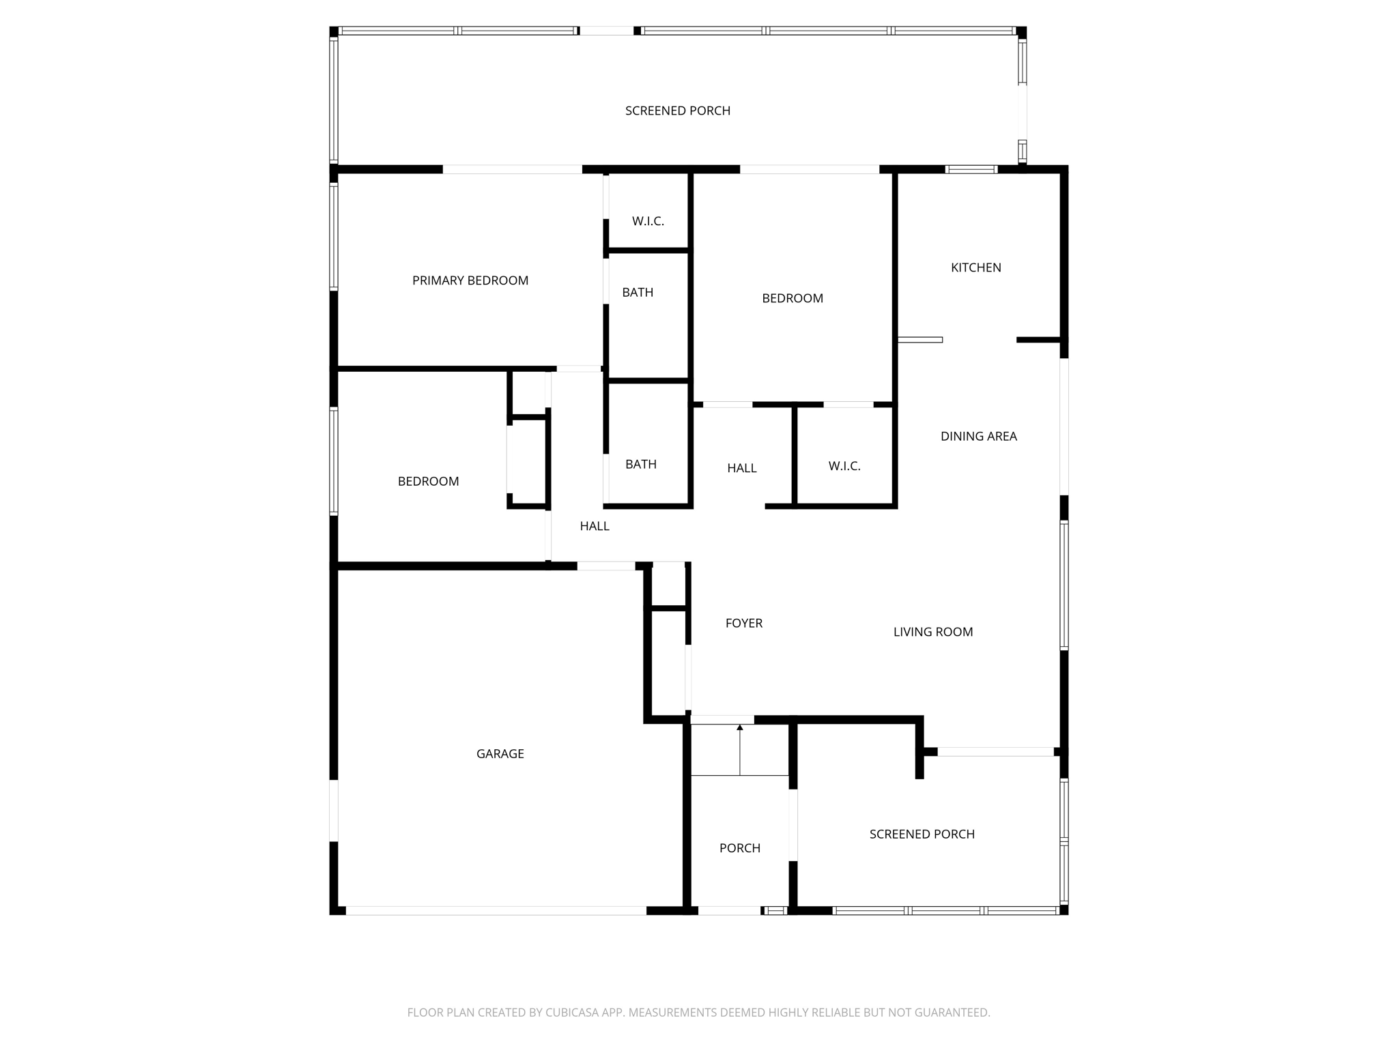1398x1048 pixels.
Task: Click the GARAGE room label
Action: click(500, 753)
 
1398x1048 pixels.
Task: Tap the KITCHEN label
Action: click(975, 267)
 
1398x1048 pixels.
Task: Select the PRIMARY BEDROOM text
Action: click(470, 280)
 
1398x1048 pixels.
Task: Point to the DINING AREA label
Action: click(978, 436)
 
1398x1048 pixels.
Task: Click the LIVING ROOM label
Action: click(932, 632)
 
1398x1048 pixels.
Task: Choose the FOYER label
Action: click(743, 623)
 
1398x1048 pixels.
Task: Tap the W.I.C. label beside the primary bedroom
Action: click(647, 221)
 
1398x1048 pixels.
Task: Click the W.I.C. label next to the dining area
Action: click(844, 466)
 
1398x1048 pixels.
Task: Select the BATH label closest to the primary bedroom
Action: click(637, 292)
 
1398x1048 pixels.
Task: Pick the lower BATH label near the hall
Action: click(640, 464)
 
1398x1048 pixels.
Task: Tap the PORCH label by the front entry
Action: click(739, 848)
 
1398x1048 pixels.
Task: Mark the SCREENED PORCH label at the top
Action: click(677, 111)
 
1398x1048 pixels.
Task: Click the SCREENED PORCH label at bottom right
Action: click(922, 834)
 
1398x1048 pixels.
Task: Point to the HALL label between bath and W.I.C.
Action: click(741, 468)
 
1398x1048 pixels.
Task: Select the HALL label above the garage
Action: click(594, 526)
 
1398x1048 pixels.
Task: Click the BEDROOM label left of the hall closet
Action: click(428, 481)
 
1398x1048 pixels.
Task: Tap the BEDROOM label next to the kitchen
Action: click(792, 298)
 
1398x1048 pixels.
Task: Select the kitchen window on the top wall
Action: click(971, 169)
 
